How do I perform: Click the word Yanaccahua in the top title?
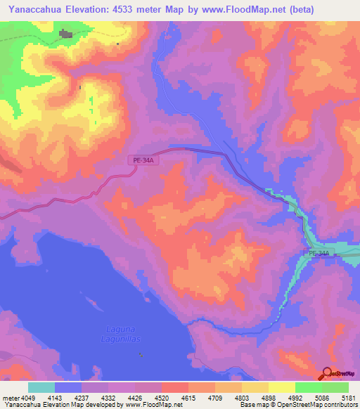tap(37, 9)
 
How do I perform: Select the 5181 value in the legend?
tap(347, 398)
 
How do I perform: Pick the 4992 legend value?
tap(294, 398)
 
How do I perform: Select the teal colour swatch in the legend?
tap(41, 387)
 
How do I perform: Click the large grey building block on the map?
tap(65, 33)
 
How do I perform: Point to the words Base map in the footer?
tap(252, 405)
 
